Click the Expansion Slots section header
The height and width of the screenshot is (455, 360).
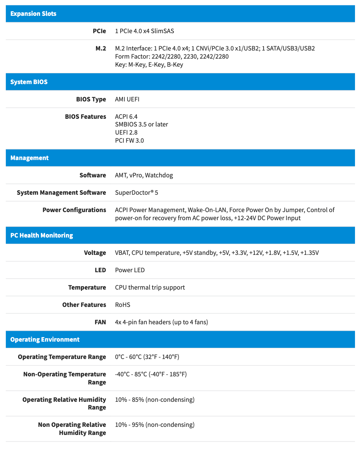[x=33, y=14]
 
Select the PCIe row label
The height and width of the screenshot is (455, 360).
[x=99, y=31]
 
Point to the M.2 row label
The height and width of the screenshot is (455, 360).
[x=101, y=48]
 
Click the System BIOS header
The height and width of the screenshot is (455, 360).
[x=29, y=82]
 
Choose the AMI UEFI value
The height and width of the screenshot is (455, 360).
[x=127, y=99]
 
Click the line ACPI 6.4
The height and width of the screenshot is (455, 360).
[x=126, y=116]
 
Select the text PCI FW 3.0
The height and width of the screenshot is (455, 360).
[x=129, y=141]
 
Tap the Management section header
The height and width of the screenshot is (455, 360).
[x=29, y=158]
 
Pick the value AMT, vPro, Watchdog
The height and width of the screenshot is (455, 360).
[x=144, y=175]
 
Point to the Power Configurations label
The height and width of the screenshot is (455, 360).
[x=74, y=210]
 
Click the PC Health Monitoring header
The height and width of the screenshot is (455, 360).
[x=42, y=236]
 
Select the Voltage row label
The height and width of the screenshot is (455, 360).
[x=95, y=253]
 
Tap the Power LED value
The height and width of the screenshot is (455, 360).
[x=130, y=270]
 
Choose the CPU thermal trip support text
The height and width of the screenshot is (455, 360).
[x=150, y=287]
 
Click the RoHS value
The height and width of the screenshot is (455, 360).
[x=123, y=305]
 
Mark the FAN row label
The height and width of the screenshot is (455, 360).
[x=100, y=322]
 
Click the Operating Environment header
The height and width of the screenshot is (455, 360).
[x=45, y=340]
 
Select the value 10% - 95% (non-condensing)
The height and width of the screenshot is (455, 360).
[x=155, y=425]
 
